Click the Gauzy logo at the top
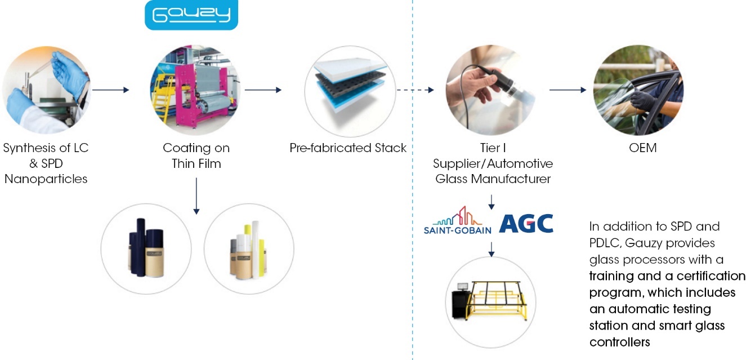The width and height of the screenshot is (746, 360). pyautogui.click(x=191, y=15)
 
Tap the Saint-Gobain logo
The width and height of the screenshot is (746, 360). pyautogui.click(x=457, y=220)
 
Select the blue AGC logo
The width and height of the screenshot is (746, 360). pyautogui.click(x=526, y=224)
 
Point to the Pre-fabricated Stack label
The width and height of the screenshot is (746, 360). pyautogui.click(x=347, y=149)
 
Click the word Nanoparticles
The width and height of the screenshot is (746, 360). pyautogui.click(x=46, y=180)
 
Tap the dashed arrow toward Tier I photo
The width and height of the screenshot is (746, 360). pyautogui.click(x=415, y=90)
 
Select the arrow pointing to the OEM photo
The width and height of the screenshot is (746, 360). pyautogui.click(x=568, y=90)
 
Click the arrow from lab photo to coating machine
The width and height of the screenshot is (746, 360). pyautogui.click(x=111, y=90)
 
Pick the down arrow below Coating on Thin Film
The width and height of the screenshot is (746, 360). pyautogui.click(x=196, y=195)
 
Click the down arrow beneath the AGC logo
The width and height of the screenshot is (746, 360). pyautogui.click(x=491, y=247)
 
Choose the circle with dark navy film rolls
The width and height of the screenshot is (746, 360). pyautogui.click(x=145, y=247)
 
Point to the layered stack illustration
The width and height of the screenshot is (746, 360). pyautogui.click(x=348, y=90)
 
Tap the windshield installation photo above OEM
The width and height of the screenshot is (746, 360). pyautogui.click(x=638, y=90)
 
